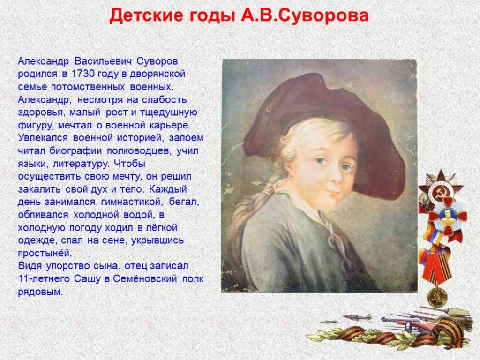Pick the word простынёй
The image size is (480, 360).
point(45,254)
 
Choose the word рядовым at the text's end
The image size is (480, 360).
point(40,292)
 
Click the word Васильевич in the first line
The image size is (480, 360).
point(103,61)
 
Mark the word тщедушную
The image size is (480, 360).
point(169,112)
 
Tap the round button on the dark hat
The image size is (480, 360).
point(269,108)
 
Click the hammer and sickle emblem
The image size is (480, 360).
point(440,192)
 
